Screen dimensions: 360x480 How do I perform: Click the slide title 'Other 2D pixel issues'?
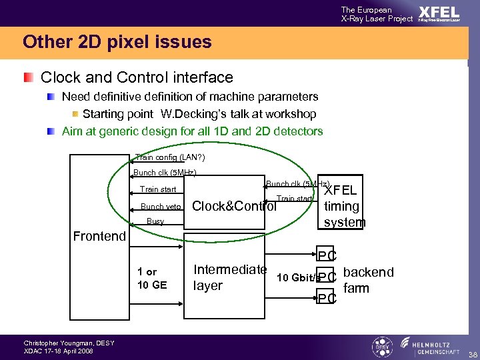[x=117, y=43]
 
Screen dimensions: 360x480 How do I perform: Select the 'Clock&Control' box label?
[x=234, y=206]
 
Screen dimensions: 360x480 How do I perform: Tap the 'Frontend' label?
[x=99, y=236]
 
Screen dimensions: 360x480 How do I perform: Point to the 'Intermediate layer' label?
[x=229, y=278]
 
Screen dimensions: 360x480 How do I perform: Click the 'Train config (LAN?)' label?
[x=169, y=157]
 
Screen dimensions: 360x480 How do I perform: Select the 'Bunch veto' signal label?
[x=162, y=207]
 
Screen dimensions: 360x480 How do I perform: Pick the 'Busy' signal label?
[x=155, y=221]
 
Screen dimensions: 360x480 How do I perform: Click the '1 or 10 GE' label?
[x=152, y=279]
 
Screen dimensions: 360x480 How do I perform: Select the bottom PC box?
[x=327, y=298]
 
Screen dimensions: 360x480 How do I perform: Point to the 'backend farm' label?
[x=368, y=280]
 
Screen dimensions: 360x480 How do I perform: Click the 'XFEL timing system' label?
[x=344, y=207]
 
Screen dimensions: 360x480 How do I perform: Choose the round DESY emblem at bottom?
[x=382, y=347]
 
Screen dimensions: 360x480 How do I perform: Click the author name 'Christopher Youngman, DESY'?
[x=69, y=343]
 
